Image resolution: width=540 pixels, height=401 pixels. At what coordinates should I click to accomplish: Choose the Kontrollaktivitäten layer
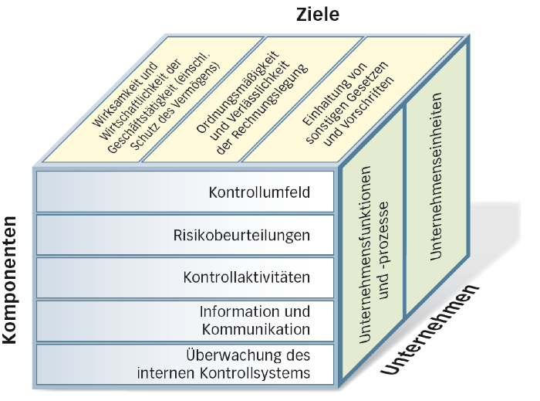tap(247, 277)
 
